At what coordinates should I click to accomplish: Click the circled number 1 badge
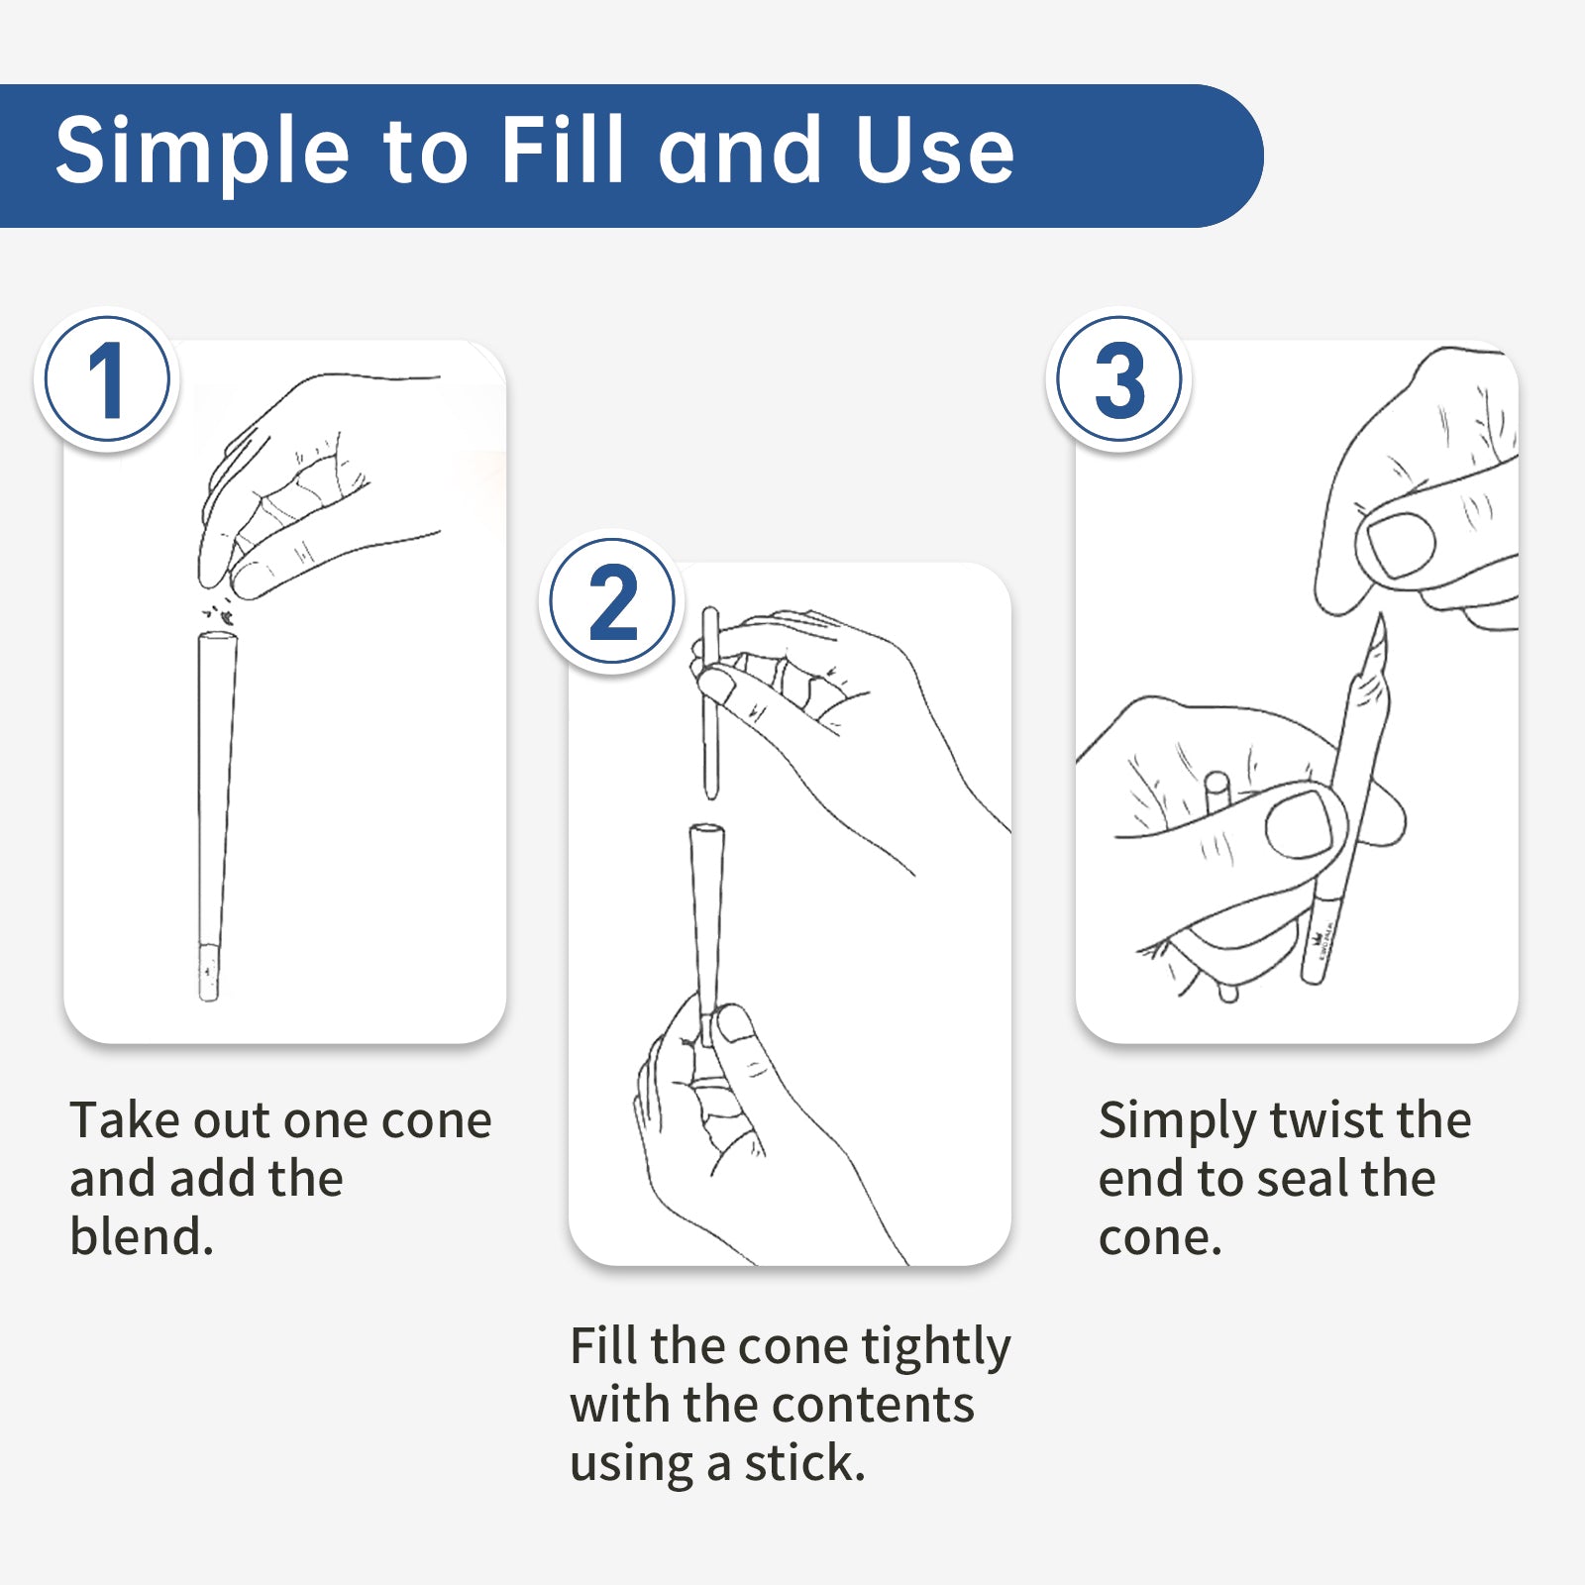[x=107, y=379]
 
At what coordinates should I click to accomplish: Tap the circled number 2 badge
[x=612, y=601]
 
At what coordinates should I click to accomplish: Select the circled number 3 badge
[x=1118, y=379]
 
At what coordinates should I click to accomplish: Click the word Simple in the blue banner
[x=203, y=153]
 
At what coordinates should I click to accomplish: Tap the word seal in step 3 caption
[x=1305, y=1179]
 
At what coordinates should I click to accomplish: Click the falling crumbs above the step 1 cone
[x=220, y=610]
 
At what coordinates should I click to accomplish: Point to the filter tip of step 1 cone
[x=209, y=972]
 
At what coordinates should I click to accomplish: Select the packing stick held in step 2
[x=709, y=702]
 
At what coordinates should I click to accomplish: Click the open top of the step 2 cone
[x=706, y=830]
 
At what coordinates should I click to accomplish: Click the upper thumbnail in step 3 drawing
[x=1401, y=544]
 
